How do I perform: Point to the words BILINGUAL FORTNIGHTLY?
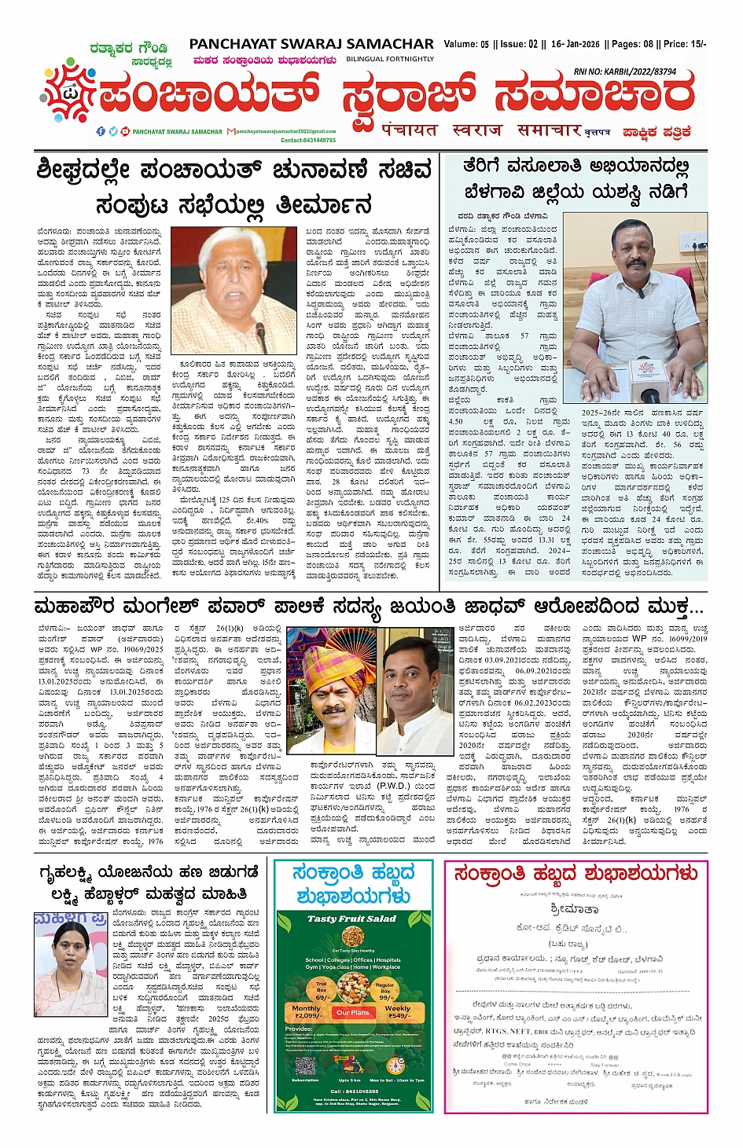pos(390,59)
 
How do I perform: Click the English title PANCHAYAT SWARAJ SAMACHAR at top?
pos(311,44)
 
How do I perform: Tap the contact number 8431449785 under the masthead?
pos(308,140)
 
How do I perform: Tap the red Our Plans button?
pos(352,1012)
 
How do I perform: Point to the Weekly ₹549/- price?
pos(398,1011)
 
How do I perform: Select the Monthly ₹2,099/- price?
pos(307,1011)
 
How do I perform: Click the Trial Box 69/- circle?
pos(322,988)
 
